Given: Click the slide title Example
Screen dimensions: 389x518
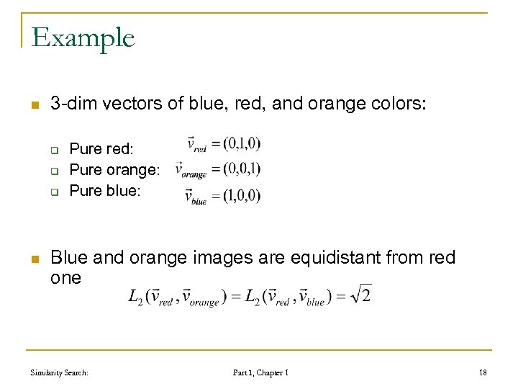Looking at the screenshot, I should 83,37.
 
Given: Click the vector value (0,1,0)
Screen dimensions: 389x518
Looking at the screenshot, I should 242,144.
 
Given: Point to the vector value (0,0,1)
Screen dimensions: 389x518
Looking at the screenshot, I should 242,170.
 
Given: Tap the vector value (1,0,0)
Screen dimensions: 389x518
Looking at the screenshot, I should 242,195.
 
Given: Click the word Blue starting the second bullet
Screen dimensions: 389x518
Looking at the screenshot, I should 69,257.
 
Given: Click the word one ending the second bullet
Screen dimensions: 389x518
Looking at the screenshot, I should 66,277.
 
